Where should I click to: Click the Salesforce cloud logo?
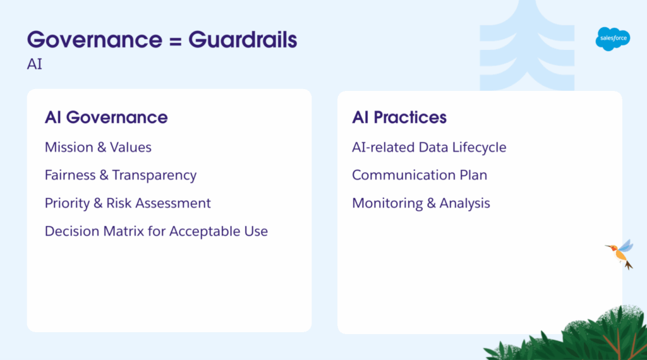[x=613, y=39]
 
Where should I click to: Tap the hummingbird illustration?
[x=620, y=254]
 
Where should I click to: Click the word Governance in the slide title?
[x=95, y=40]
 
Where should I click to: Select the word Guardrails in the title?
[x=243, y=40]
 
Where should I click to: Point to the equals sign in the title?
[x=176, y=41]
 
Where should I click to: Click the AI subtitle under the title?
[x=35, y=64]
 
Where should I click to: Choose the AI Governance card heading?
[x=106, y=117]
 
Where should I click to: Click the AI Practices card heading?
[x=399, y=117]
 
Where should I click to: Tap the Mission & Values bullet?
[x=98, y=147]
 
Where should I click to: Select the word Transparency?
[x=154, y=176]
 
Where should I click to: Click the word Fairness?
[x=70, y=175]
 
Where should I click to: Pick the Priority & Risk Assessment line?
[x=128, y=203]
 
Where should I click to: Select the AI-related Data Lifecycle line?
[x=429, y=148]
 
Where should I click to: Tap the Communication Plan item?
[x=420, y=175]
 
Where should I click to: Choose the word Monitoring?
[x=387, y=204]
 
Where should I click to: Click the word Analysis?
[x=464, y=204]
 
